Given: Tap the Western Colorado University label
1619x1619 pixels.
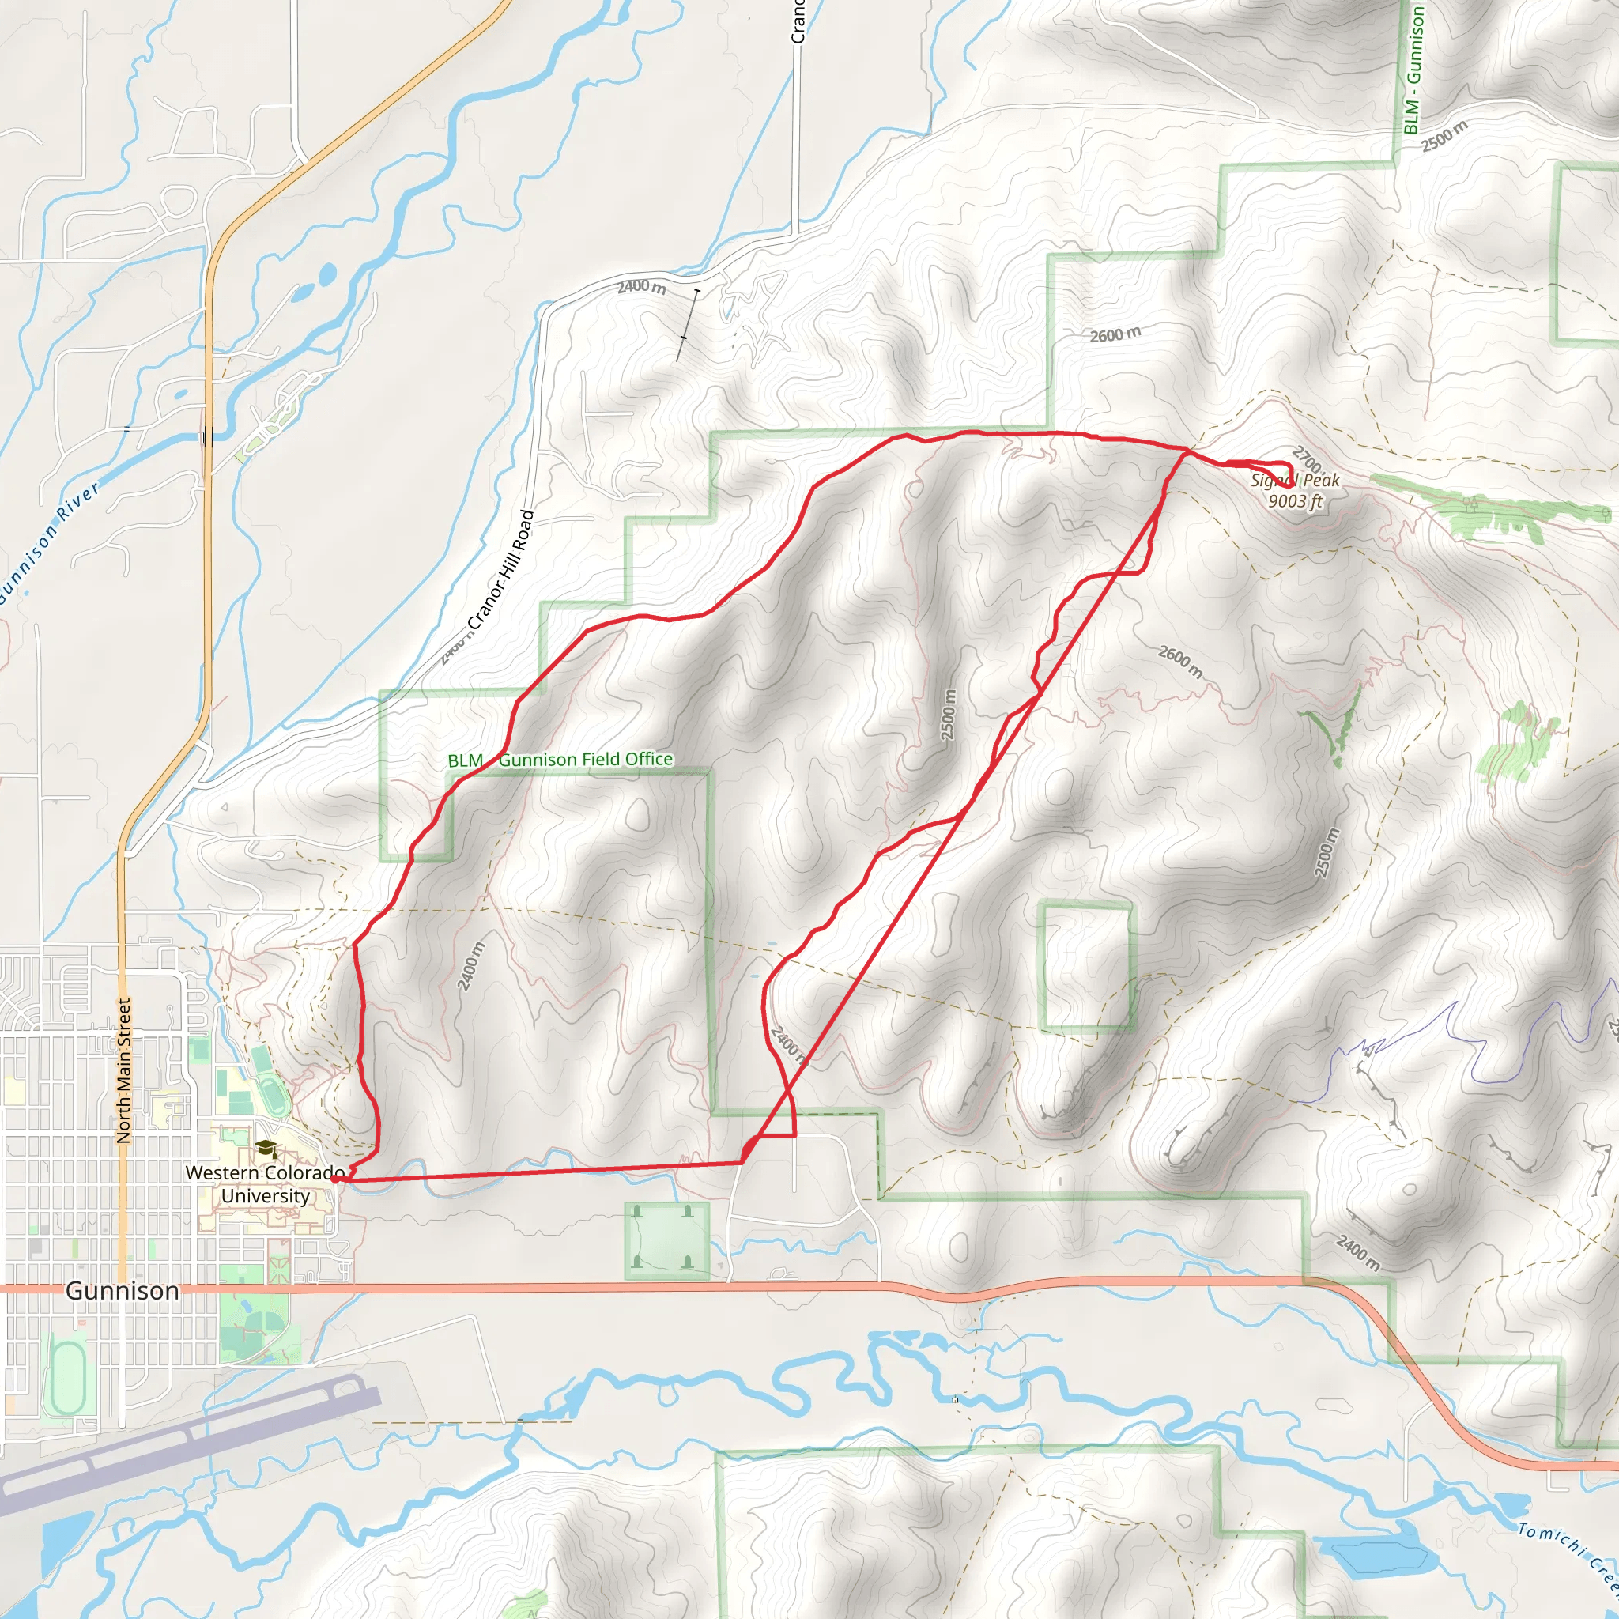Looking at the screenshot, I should (265, 1184).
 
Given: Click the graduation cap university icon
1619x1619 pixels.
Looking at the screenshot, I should (266, 1149).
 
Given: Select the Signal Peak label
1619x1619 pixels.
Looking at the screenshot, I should (1295, 480).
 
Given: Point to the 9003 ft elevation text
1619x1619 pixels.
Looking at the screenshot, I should (1295, 501).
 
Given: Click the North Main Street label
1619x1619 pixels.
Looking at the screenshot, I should (124, 1071).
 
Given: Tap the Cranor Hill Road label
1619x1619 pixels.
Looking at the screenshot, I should (501, 570).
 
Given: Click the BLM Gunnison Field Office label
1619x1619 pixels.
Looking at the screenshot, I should (560, 760).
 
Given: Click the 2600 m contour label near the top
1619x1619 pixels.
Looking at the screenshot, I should (1115, 334).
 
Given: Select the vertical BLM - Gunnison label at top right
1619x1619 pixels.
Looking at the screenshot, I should (1413, 69).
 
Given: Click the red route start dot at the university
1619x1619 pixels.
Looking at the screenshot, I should (335, 1179).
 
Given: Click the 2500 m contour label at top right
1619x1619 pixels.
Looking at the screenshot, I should (1445, 135).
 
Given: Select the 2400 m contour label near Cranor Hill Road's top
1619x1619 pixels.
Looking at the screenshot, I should (642, 288).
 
